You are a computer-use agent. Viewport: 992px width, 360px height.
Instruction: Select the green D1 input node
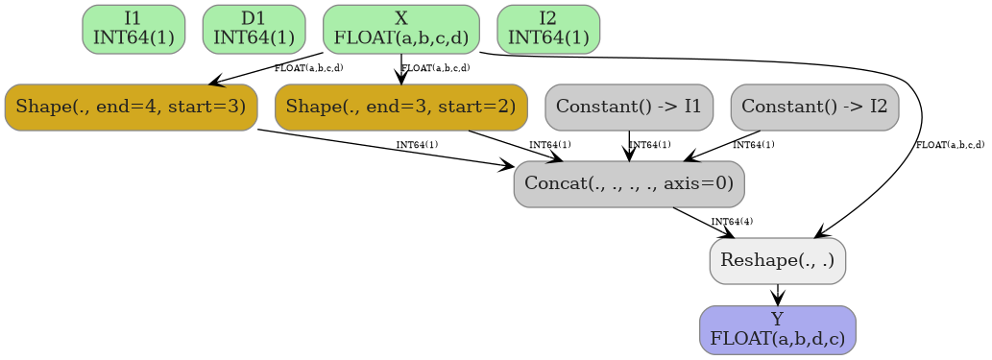click(254, 29)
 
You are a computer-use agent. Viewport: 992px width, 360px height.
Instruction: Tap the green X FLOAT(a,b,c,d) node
click(400, 29)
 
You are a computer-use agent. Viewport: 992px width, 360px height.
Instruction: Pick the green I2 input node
click(548, 29)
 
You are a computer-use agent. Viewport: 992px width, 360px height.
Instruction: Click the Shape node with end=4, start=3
click(131, 107)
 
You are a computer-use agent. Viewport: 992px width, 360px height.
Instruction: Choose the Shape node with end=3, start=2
click(400, 107)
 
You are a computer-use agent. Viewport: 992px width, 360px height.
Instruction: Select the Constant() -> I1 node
click(629, 107)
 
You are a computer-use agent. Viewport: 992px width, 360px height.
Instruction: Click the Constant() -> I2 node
click(814, 107)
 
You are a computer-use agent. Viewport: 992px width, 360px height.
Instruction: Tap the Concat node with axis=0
click(629, 183)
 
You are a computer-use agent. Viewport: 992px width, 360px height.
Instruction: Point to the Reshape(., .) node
click(777, 260)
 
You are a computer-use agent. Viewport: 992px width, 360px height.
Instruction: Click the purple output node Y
click(777, 329)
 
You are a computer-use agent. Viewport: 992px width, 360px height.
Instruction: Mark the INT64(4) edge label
click(732, 222)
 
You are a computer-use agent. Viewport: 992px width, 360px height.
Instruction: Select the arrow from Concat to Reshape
click(704, 222)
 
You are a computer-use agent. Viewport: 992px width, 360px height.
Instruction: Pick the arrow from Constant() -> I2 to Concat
click(720, 146)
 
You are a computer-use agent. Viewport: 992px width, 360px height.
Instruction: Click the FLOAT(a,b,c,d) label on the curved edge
click(950, 145)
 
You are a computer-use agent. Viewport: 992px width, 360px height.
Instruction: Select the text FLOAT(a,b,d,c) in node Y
click(777, 338)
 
